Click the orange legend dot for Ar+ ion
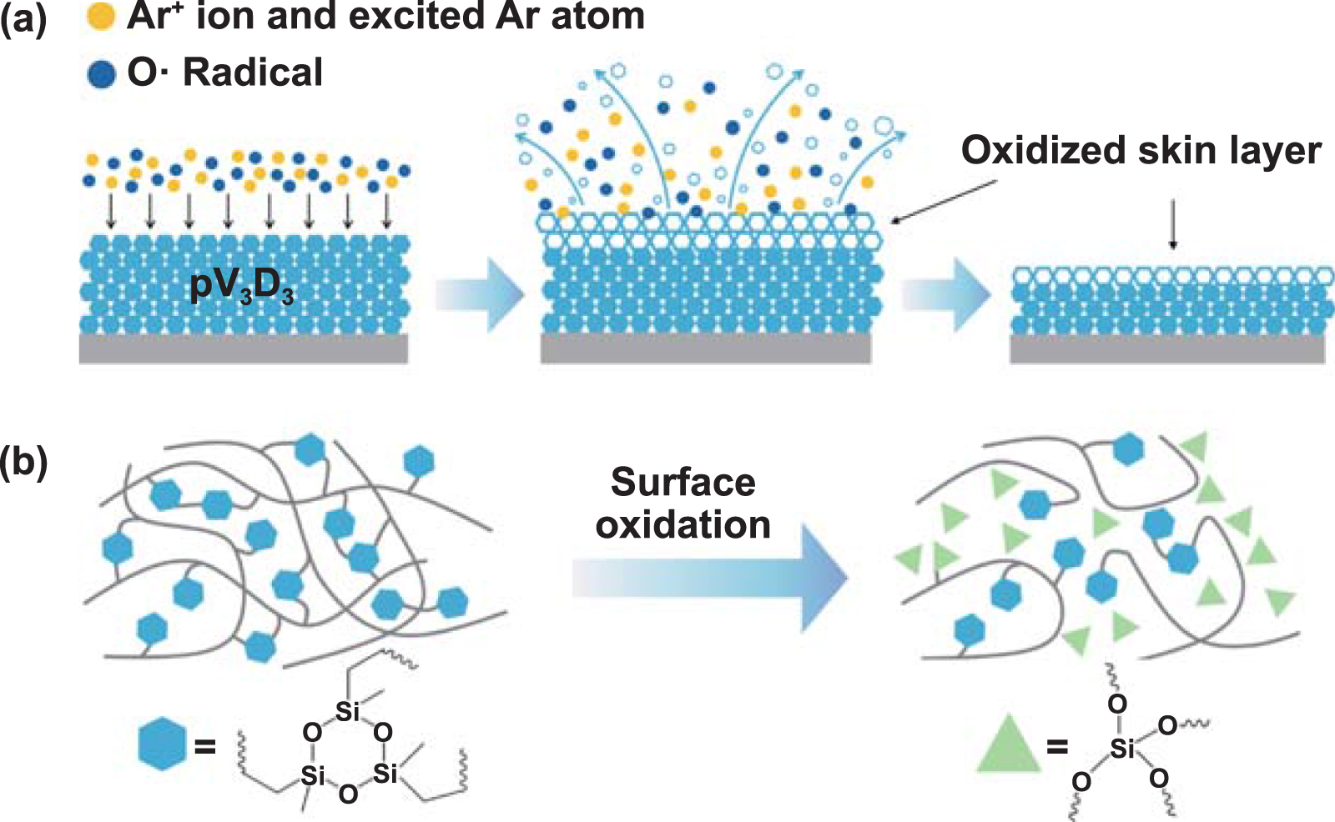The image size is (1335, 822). (x=100, y=18)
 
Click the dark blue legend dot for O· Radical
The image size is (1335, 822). (x=101, y=75)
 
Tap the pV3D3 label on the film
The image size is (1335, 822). (x=242, y=287)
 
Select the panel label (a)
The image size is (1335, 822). (x=23, y=18)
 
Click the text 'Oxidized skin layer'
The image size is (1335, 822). (x=1141, y=151)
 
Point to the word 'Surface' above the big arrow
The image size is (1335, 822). (x=683, y=482)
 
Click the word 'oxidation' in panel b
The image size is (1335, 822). (x=683, y=525)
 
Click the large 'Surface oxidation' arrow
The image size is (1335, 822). (x=709, y=578)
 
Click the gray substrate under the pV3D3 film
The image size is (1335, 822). (x=243, y=348)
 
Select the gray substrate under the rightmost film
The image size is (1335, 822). (x=1166, y=349)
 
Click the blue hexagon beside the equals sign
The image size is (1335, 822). (x=162, y=744)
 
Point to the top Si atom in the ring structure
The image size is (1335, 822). (x=347, y=711)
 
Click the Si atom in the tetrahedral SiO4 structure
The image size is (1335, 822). (x=1122, y=749)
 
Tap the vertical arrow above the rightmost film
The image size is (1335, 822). (x=1173, y=224)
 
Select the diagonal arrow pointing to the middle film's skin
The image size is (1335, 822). (x=943, y=203)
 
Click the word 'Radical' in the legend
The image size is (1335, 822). (x=253, y=73)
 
